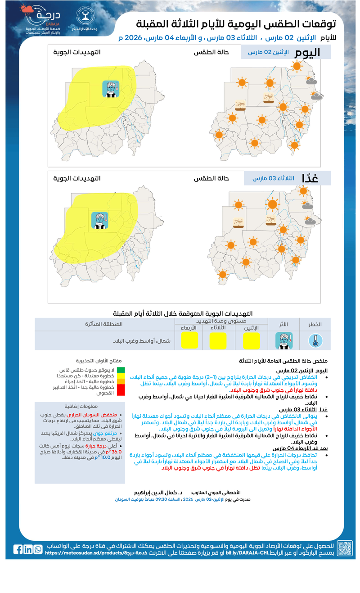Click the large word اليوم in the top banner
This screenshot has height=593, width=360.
point(307,52)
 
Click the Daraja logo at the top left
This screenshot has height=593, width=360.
point(43,20)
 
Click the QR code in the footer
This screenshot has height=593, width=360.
point(345,548)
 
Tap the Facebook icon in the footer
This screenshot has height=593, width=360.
point(18,549)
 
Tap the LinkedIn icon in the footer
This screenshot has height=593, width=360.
point(28,549)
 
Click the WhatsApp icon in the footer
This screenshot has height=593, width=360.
point(38,549)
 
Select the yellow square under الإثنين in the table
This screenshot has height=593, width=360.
point(251,341)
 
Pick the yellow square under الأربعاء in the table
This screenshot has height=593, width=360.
point(189,341)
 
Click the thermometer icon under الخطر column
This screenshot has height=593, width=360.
point(315,341)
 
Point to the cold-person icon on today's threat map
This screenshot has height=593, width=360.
point(110,89)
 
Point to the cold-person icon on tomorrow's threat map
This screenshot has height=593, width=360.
point(100,220)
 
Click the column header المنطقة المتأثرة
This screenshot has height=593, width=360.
point(103,324)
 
